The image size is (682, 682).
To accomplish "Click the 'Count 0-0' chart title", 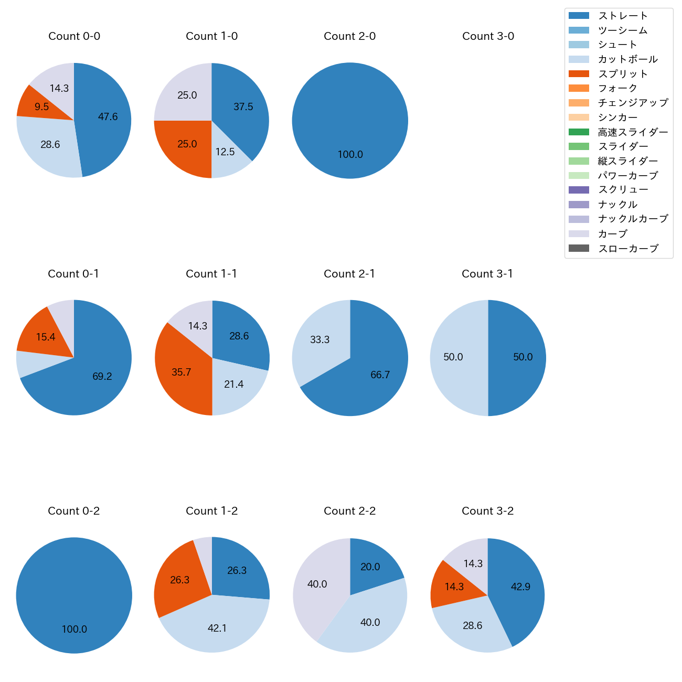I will (74, 36).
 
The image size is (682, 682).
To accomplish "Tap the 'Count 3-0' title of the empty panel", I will (488, 36).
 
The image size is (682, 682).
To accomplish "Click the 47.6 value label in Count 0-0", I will (108, 117).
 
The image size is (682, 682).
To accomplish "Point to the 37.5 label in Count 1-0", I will (243, 107).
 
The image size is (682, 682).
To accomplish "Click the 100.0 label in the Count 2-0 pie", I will (350, 155).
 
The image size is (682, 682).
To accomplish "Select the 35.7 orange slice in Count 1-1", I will (182, 372).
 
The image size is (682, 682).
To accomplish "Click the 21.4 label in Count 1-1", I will (234, 385).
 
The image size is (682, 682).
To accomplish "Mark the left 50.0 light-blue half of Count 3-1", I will (453, 357).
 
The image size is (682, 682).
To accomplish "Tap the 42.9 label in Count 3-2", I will (520, 587).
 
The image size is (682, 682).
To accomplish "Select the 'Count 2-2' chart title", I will (350, 511).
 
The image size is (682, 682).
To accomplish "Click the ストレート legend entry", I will (623, 16).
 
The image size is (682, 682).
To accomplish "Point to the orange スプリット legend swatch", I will (579, 74).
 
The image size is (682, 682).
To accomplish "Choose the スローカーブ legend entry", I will (628, 249).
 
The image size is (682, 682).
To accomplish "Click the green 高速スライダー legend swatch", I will (579, 132).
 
